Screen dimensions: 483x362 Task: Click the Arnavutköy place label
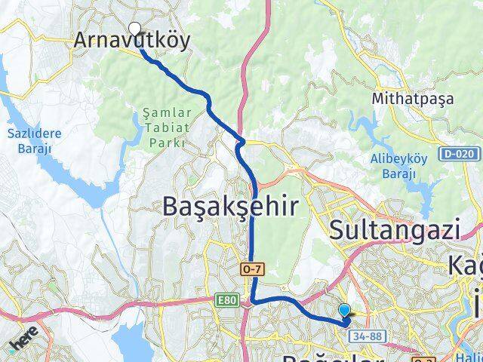pyautogui.click(x=132, y=41)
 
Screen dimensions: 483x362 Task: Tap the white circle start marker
pyautogui.click(x=135, y=29)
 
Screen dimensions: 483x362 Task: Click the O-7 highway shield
pyautogui.click(x=251, y=268)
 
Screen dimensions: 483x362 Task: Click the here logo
pyautogui.click(x=23, y=344)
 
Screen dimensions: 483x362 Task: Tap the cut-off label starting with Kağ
pyautogui.click(x=466, y=265)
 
